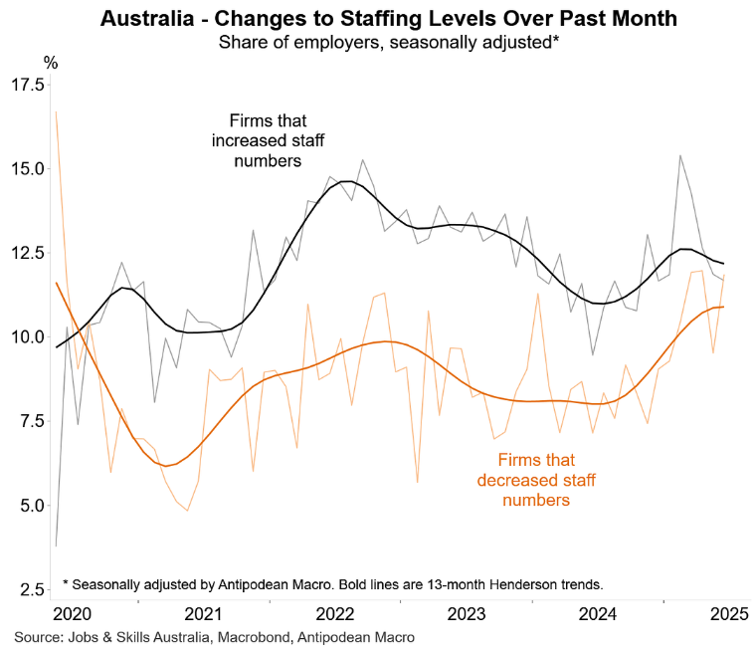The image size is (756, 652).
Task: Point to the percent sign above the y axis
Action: point(51,61)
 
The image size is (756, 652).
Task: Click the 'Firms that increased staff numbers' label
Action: point(256,140)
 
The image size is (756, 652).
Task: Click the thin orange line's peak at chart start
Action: point(56,111)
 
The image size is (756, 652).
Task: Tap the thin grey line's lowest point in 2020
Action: point(56,545)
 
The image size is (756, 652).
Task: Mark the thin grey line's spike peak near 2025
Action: point(679,155)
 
